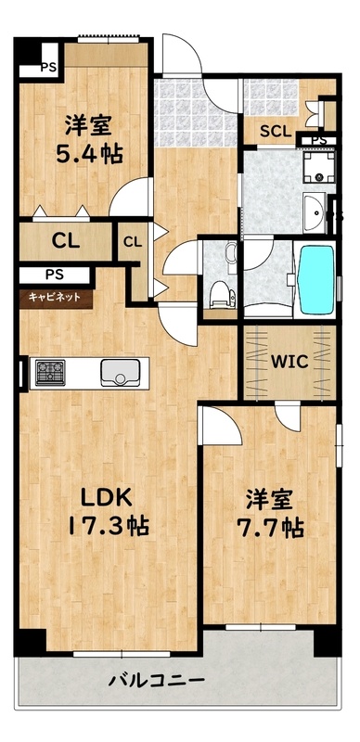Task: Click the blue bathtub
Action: tap(315, 279)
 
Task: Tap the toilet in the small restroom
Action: tap(221, 292)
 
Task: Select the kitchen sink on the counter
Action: tap(121, 373)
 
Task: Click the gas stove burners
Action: tap(50, 373)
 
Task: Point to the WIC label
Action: tap(289, 363)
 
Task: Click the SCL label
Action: tap(276, 132)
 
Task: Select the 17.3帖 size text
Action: tap(109, 526)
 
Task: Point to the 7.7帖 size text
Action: tap(270, 528)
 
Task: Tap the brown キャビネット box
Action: tap(56, 298)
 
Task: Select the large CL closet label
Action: tap(66, 242)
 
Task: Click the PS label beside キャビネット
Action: tap(55, 274)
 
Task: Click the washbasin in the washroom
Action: tap(314, 213)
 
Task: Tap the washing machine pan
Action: tap(319, 167)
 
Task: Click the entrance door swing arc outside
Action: tap(183, 53)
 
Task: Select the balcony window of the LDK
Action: tap(122, 654)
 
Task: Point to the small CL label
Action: tap(133, 242)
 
